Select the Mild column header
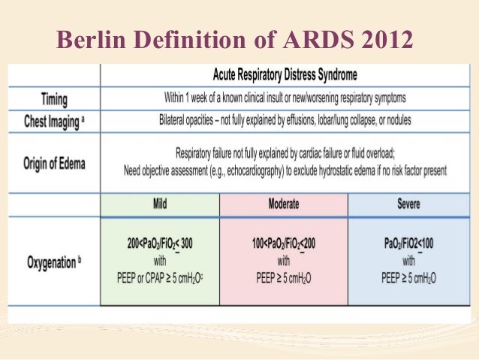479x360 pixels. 159,203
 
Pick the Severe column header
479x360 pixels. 408,203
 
